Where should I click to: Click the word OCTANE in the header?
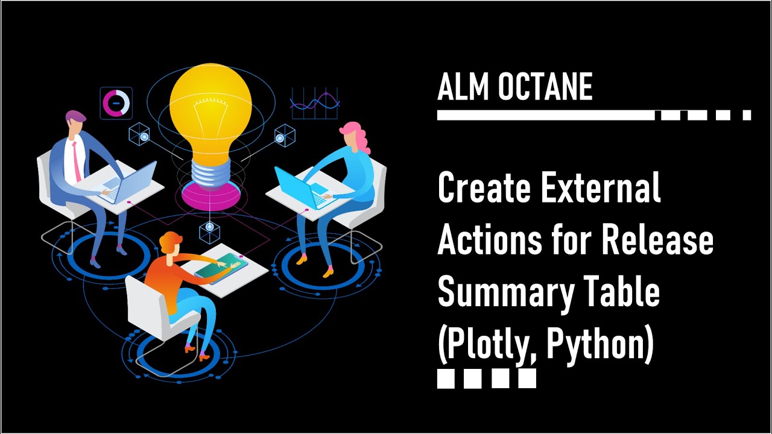point(545,88)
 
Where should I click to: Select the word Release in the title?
point(657,241)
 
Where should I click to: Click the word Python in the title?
point(597,345)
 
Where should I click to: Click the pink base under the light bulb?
point(209,194)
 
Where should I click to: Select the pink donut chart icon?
point(116,102)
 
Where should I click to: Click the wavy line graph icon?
point(314,103)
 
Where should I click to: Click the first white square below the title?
point(446,379)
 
